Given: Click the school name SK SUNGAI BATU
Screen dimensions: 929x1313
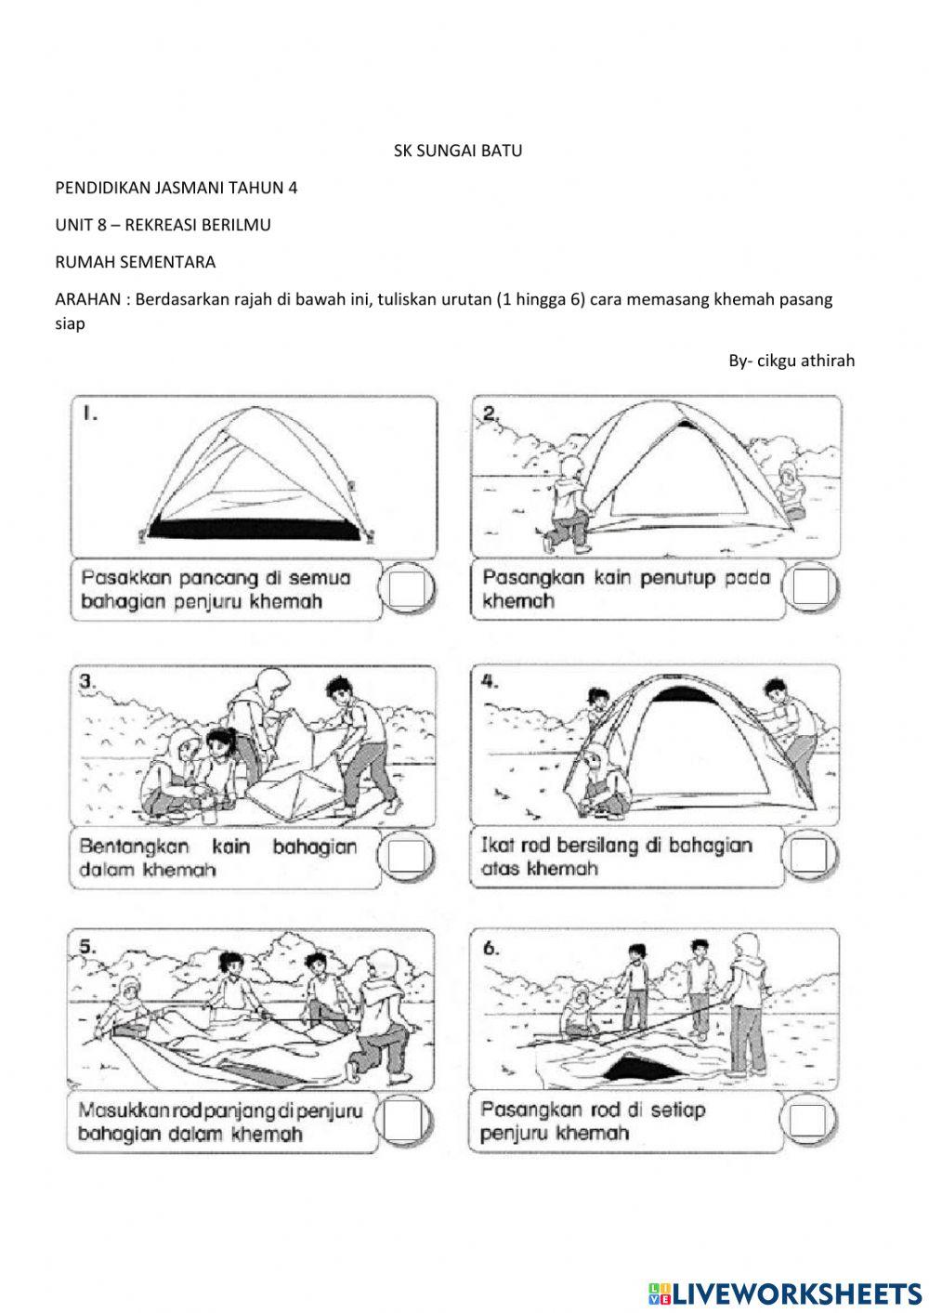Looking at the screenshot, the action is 458,151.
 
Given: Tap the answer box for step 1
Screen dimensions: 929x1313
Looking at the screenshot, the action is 406,588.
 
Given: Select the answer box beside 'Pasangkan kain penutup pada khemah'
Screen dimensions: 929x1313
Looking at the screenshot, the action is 811,585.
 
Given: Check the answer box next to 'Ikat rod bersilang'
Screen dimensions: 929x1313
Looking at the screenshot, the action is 809,855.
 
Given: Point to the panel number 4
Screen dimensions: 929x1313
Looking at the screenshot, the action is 490,682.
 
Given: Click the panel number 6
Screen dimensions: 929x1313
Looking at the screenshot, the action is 491,949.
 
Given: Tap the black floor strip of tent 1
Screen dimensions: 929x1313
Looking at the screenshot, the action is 254,529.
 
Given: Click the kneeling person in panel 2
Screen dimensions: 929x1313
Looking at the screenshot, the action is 566,504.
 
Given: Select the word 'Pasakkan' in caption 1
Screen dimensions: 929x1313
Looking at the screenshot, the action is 126,578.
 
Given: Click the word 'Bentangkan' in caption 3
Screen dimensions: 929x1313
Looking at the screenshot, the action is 134,847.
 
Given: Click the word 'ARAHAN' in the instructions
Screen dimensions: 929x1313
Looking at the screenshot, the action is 87,299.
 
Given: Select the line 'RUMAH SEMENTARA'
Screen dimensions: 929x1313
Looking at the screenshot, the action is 136,262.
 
